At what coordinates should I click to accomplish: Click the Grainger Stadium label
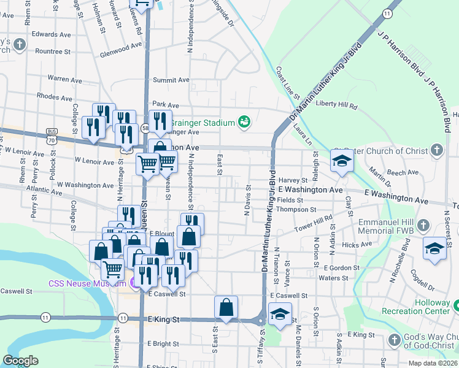[x=202, y=123]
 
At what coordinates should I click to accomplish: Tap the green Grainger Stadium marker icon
[x=244, y=122]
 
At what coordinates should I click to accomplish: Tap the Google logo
[x=20, y=361]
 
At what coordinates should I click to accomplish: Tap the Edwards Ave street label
[x=52, y=34]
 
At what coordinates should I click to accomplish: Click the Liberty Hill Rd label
[x=336, y=105]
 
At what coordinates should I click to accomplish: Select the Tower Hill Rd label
[x=313, y=221]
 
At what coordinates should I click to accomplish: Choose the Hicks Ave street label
[x=358, y=245]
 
